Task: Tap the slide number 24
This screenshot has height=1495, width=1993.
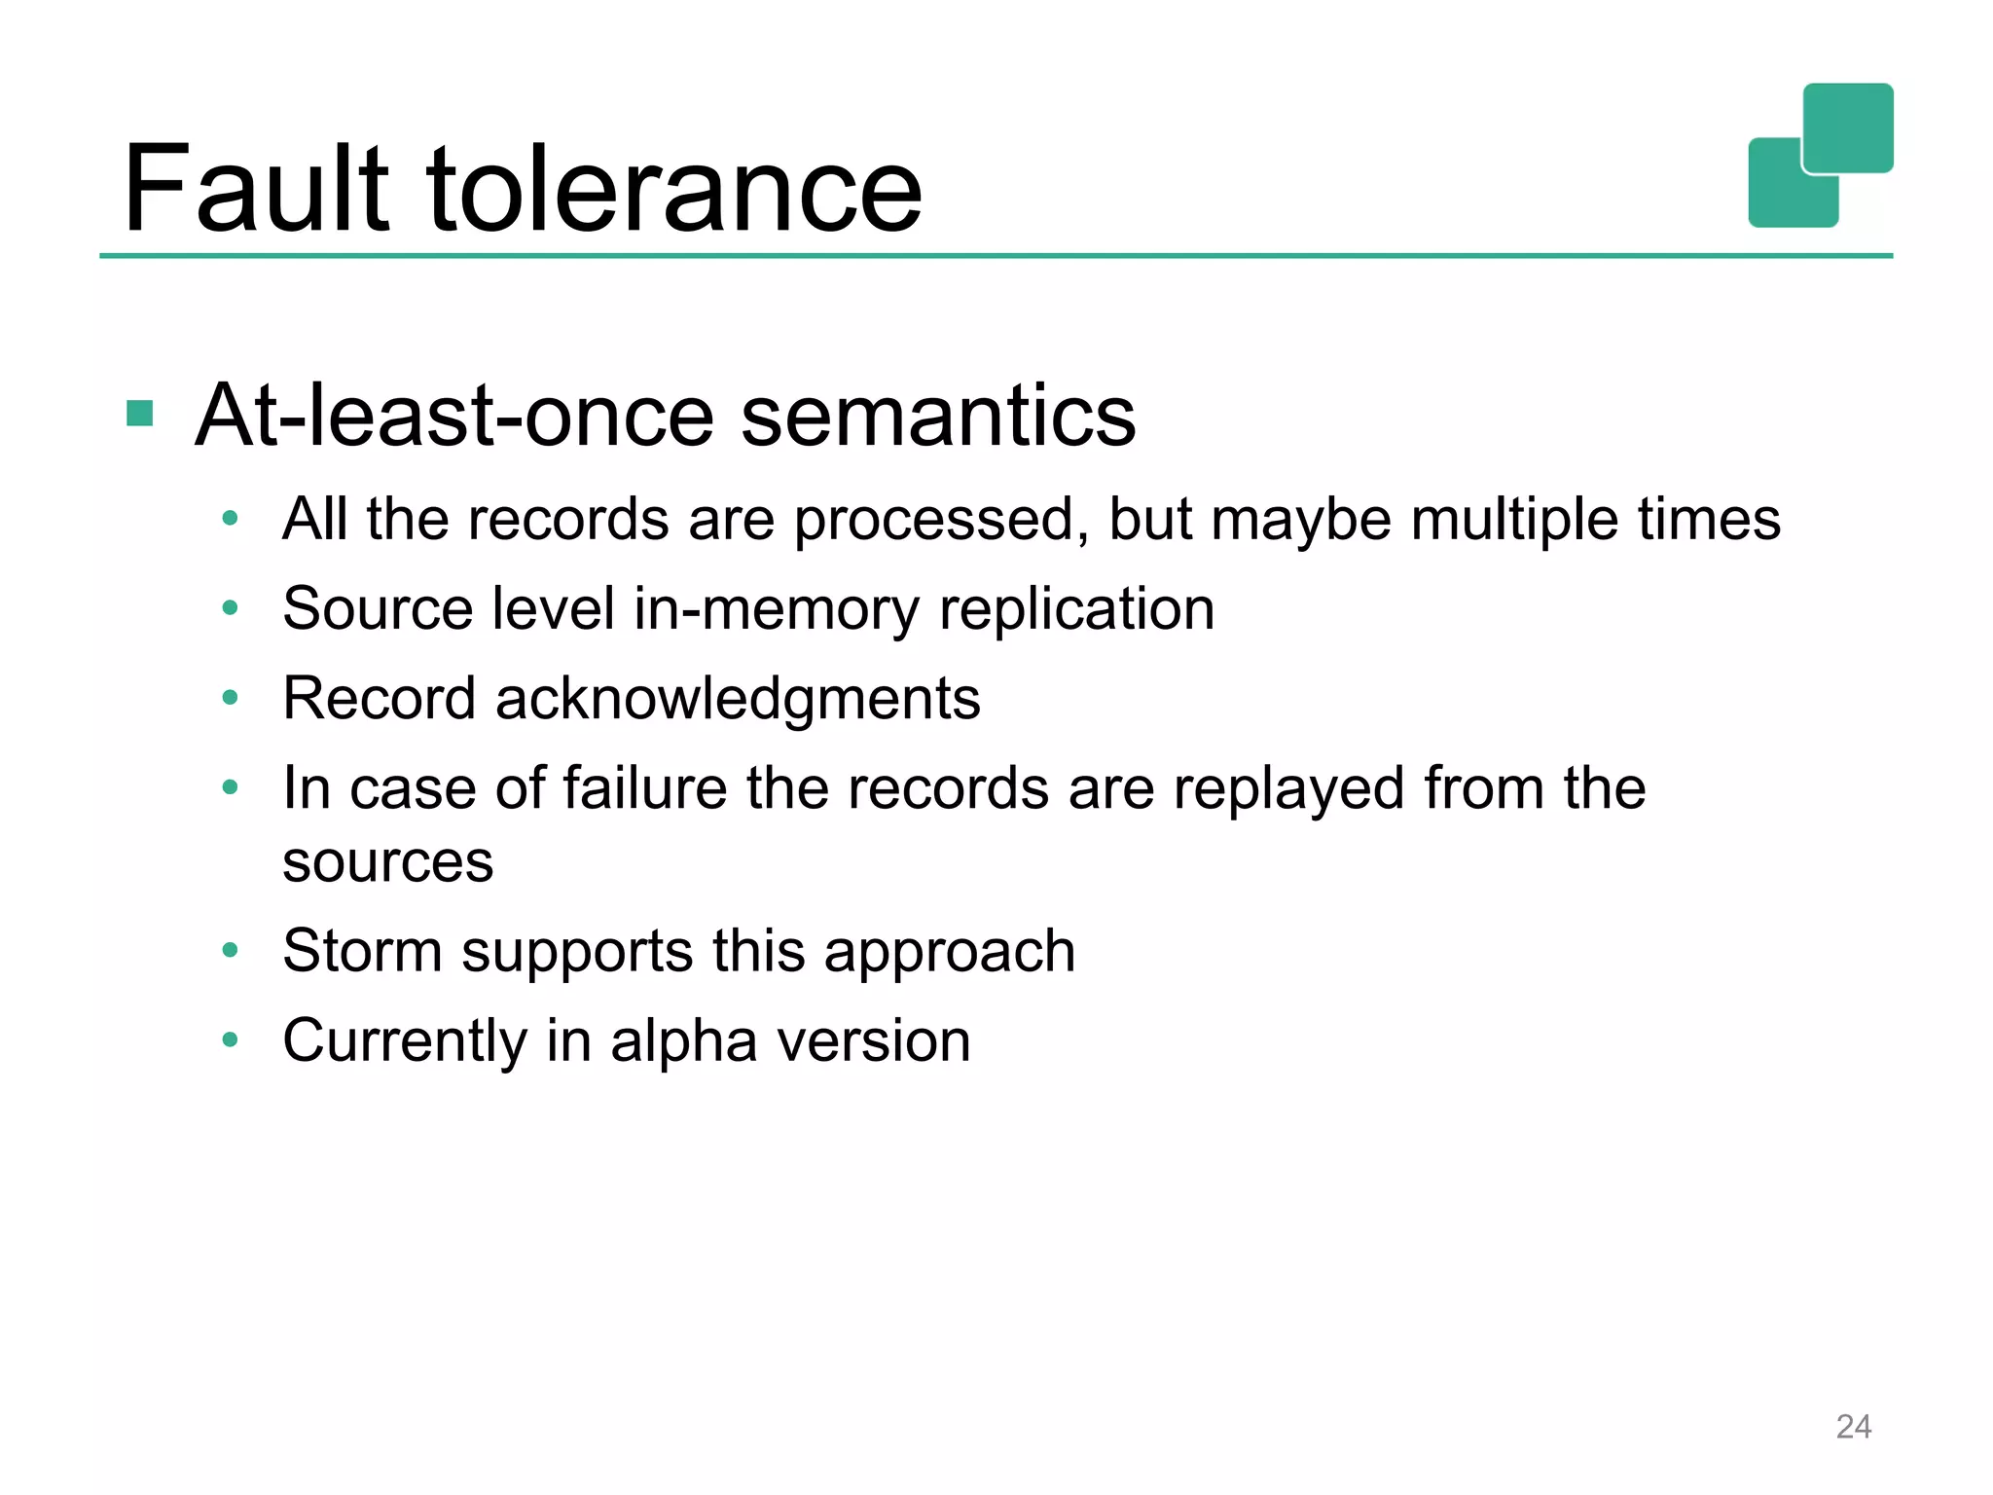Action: (1853, 1426)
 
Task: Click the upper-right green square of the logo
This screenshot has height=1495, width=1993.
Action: (1848, 127)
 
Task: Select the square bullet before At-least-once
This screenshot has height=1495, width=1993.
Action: (140, 414)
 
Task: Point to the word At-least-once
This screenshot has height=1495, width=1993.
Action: (456, 417)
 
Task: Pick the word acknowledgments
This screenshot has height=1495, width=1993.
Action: (738, 699)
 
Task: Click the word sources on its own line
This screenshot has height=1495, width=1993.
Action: (387, 862)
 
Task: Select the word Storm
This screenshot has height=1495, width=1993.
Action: (362, 950)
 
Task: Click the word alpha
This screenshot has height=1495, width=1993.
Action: (683, 1040)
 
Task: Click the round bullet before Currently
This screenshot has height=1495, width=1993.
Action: (230, 1039)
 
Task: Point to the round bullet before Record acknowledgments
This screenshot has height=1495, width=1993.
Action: (230, 697)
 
